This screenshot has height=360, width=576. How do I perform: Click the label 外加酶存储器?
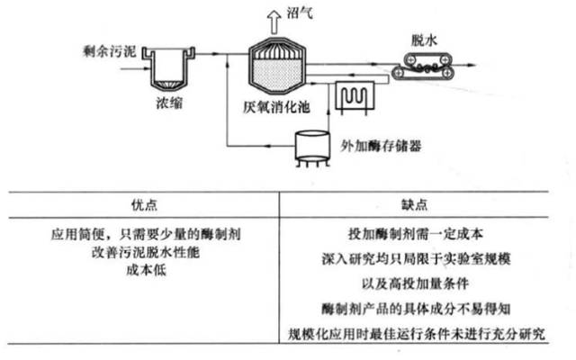click(x=382, y=144)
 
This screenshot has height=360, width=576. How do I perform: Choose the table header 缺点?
click(x=423, y=202)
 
